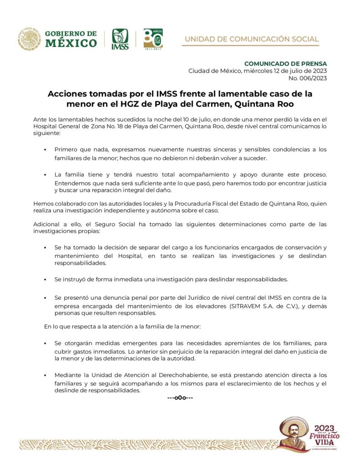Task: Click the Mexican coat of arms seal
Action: coord(29,39)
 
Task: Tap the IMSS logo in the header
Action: coord(120,39)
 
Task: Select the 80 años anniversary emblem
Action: coord(152,39)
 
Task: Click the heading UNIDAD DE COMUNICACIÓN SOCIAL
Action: coord(251,39)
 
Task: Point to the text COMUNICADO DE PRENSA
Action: coord(285,63)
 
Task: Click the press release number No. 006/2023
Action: coord(307,78)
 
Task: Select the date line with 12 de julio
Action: coord(258,71)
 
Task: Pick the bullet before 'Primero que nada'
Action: coord(46,149)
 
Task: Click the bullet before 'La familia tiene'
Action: coord(46,175)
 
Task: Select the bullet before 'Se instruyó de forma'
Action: coord(46,279)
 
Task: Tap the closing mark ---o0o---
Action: coord(180,398)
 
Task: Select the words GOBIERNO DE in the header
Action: coord(71,34)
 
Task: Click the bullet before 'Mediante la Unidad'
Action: coord(46,375)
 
